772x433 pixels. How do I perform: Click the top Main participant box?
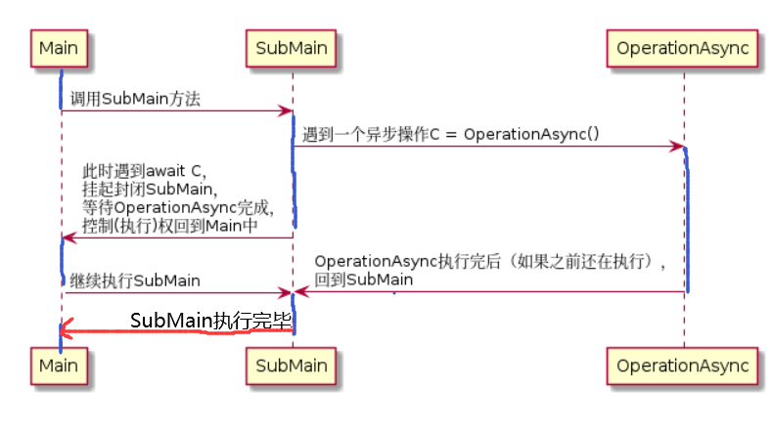60,47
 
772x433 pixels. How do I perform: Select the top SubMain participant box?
291,47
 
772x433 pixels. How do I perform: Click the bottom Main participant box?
60,366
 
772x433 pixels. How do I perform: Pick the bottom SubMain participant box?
291,366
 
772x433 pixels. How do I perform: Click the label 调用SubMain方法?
137,99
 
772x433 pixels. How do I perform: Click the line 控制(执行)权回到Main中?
170,225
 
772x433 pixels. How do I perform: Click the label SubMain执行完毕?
210,321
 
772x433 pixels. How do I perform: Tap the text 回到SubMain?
363,280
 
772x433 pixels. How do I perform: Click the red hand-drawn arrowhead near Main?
68,331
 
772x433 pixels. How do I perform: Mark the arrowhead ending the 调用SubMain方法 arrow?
285,110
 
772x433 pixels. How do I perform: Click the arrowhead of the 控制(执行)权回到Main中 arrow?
68,238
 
